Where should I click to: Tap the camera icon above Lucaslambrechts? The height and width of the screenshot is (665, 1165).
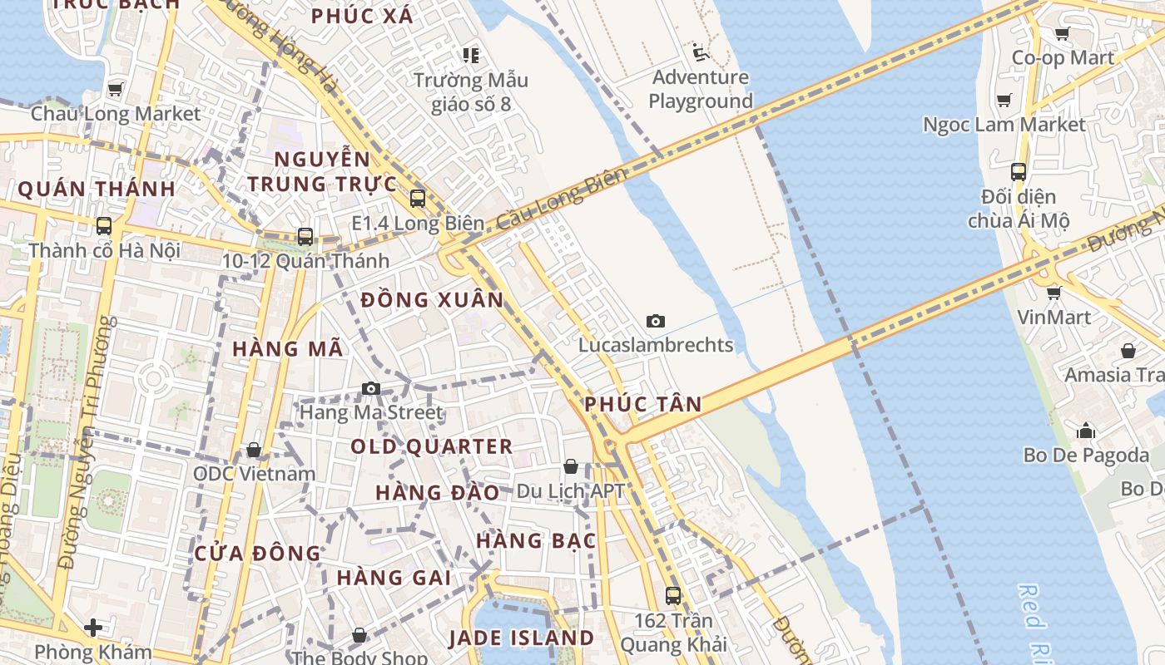pos(656,321)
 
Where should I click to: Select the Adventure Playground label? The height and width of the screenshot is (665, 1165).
pos(700,90)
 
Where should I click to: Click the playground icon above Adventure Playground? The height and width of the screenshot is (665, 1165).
pos(701,53)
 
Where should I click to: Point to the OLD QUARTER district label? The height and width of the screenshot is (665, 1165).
pos(431,446)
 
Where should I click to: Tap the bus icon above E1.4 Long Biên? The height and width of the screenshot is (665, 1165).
pos(418,199)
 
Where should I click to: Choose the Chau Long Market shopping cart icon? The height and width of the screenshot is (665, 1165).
pos(116,89)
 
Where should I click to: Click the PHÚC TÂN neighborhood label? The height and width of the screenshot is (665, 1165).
pos(642,405)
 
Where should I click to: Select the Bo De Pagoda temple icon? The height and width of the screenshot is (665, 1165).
pos(1086,431)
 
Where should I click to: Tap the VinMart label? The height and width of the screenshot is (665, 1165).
pos(1053,318)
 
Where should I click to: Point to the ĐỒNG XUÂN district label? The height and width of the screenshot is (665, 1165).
pos(433,300)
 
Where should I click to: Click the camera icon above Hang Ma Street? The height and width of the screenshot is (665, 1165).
pos(371,388)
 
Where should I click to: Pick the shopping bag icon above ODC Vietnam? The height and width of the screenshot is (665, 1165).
pos(254,450)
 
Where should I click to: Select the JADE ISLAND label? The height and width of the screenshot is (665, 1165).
pos(521,638)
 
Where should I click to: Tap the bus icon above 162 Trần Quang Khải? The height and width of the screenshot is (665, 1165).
pos(672,596)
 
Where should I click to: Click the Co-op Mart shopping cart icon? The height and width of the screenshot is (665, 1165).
pos(1062,34)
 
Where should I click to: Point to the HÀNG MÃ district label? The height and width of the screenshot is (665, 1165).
pos(288,349)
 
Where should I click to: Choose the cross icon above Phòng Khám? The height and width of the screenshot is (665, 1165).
pos(93,627)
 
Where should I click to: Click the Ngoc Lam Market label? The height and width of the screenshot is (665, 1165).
pos(1004,125)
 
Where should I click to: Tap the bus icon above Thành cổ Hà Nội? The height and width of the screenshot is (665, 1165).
pos(104,225)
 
